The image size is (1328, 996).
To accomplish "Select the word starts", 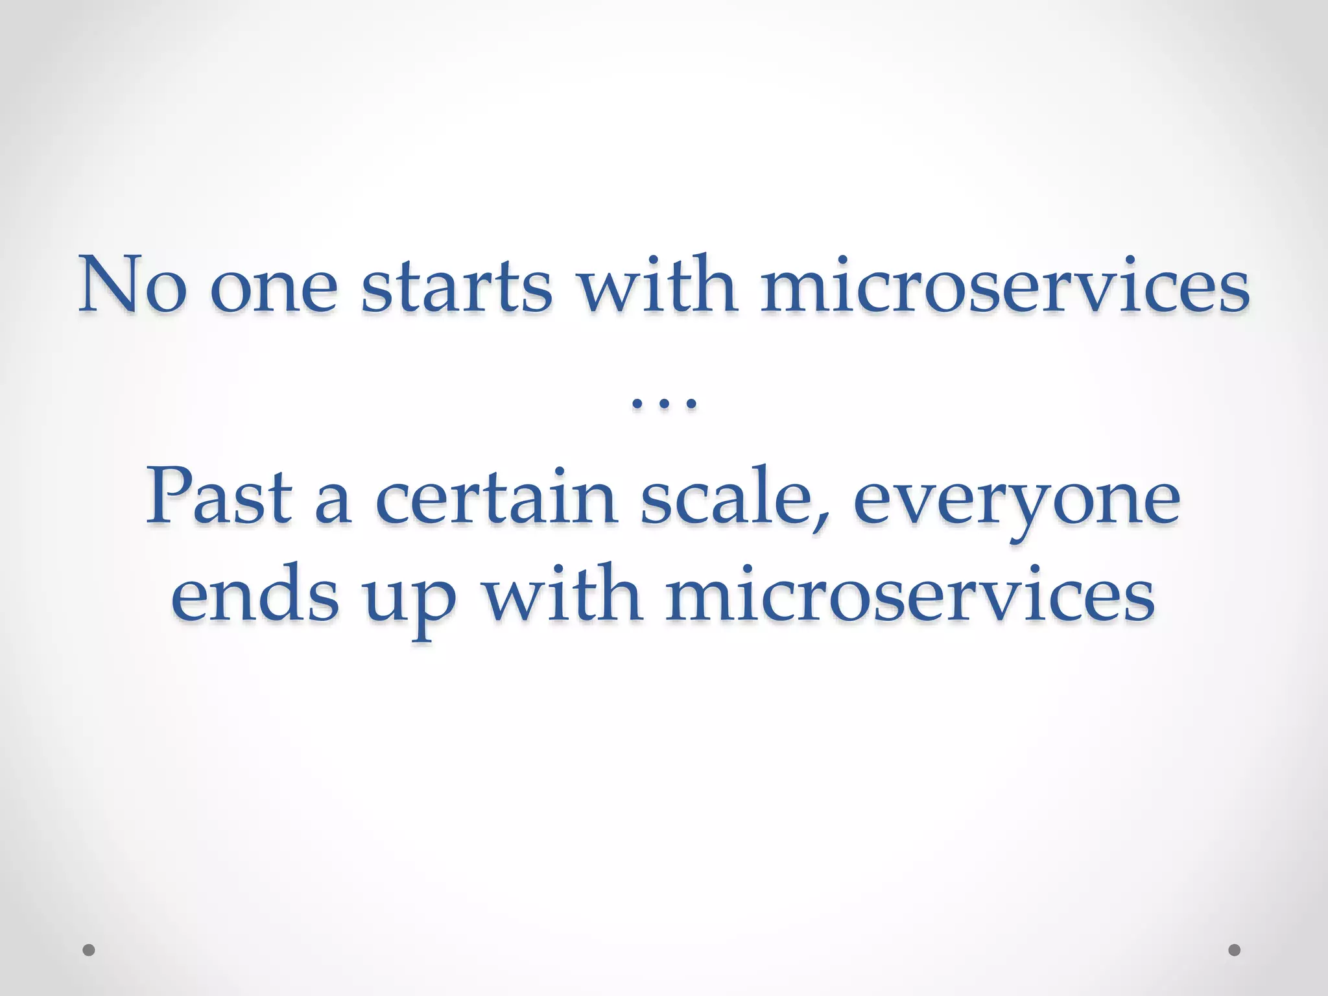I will (x=456, y=285).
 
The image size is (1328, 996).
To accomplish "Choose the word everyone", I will (x=1016, y=503).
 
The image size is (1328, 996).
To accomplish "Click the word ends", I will (x=255, y=593).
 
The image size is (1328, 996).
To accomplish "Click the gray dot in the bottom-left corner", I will (x=89, y=950).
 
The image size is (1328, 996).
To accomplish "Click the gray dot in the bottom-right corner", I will (x=1235, y=950).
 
